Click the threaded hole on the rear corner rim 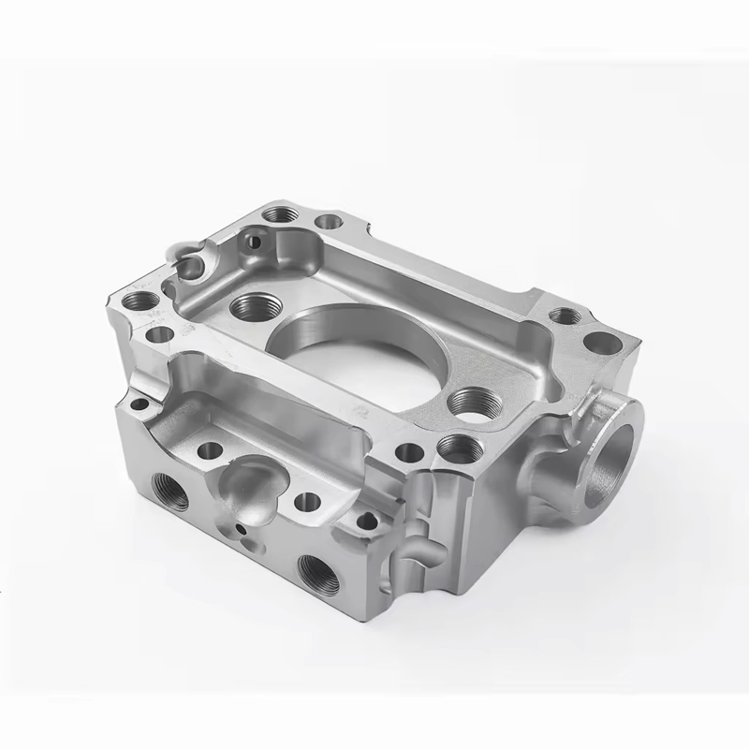(x=278, y=214)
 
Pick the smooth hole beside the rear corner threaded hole (x=329, y=223)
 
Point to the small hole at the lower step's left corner (x=140, y=405)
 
